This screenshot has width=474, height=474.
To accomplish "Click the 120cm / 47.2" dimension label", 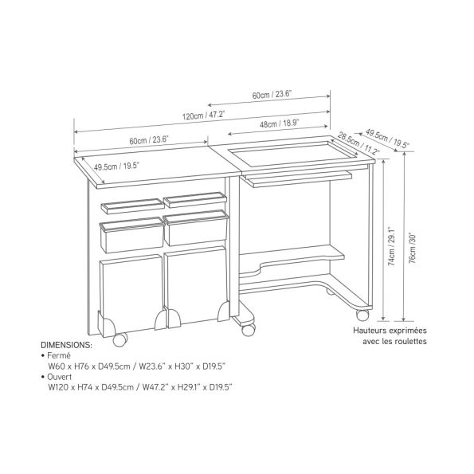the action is (x=203, y=116).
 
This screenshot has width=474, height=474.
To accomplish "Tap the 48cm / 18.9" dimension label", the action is (x=280, y=123).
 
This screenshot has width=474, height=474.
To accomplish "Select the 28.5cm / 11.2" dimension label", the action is (x=358, y=143).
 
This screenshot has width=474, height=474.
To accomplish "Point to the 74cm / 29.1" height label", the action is (x=391, y=246).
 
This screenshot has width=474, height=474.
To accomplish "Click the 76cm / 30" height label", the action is (x=413, y=249).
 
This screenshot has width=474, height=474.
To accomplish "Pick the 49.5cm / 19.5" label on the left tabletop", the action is (x=116, y=166).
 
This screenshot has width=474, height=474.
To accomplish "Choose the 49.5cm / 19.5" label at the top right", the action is (x=387, y=139).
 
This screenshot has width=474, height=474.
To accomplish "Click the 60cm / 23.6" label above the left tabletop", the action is (x=149, y=140).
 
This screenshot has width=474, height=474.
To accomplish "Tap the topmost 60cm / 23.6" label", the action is (x=272, y=95).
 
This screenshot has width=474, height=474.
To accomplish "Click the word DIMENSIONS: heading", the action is (x=66, y=345).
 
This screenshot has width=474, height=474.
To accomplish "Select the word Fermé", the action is (x=59, y=355).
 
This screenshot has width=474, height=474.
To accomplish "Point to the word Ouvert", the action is (x=60, y=377).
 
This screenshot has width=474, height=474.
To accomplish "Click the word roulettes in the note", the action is (x=412, y=342).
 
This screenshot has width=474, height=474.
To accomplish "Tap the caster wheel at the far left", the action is (x=119, y=339).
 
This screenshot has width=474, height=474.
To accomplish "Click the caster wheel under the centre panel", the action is (x=249, y=330).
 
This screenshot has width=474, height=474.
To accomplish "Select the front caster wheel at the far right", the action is (x=362, y=315).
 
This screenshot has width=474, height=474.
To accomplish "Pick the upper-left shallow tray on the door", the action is (x=133, y=206).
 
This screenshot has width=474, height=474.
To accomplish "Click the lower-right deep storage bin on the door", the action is (x=196, y=228).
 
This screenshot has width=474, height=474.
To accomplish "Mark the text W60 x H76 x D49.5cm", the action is (x=89, y=366).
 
